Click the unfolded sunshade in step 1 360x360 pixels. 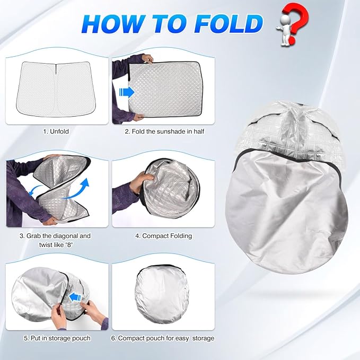(x=55, y=86)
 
